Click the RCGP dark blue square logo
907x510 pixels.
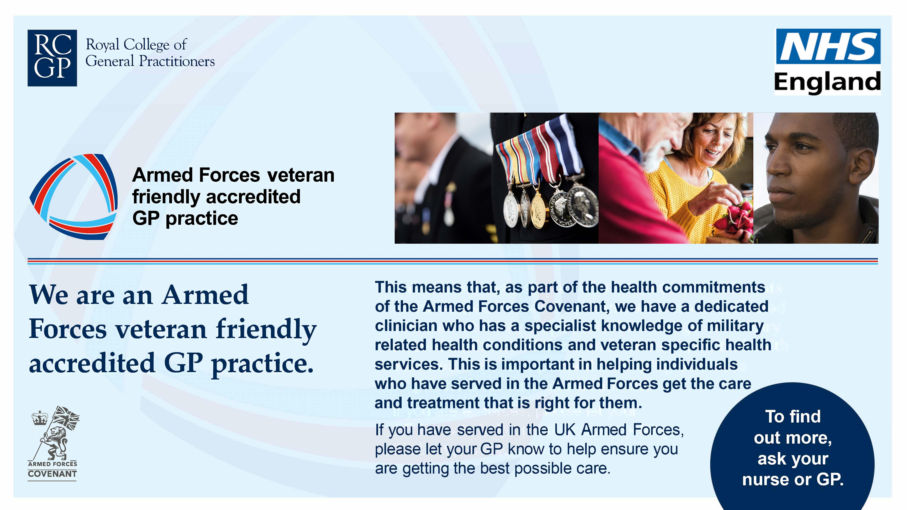(52, 58)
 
